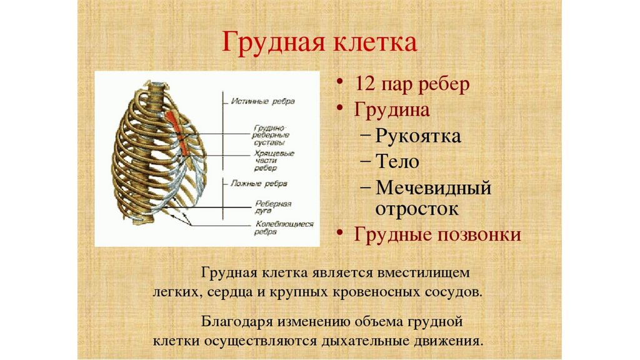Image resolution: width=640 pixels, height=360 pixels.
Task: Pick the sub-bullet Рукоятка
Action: pos(419,136)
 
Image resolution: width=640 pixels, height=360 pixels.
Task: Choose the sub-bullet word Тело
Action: pos(397,161)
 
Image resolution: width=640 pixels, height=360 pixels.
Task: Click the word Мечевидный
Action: pos(434,187)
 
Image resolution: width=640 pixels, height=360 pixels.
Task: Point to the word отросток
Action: pos(417,208)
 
